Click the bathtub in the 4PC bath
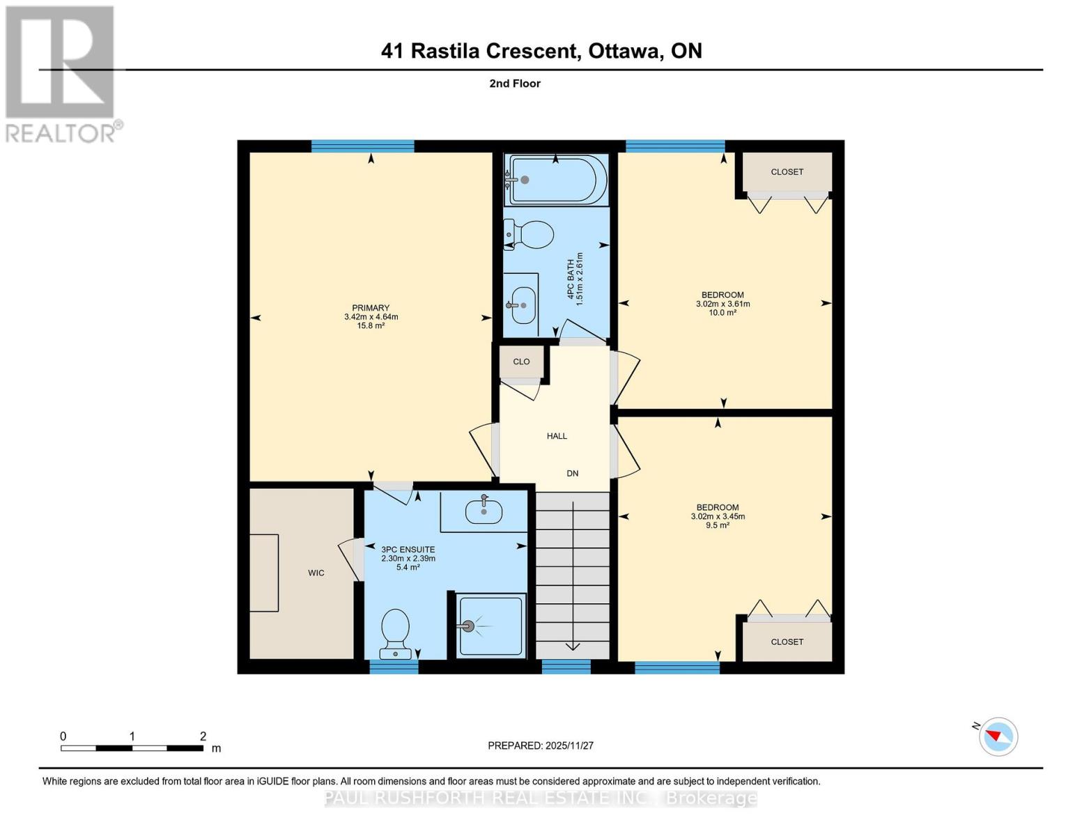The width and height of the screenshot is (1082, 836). pyautogui.click(x=556, y=180)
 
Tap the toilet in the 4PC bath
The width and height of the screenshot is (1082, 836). pyautogui.click(x=530, y=235)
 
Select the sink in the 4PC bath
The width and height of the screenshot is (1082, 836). pyautogui.click(x=523, y=305)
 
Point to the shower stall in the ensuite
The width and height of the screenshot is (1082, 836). pyautogui.click(x=490, y=626)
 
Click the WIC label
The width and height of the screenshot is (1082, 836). pyautogui.click(x=316, y=573)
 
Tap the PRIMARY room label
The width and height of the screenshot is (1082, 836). pyautogui.click(x=371, y=308)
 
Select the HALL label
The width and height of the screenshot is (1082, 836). pyautogui.click(x=557, y=436)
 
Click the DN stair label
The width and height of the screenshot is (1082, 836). pyautogui.click(x=572, y=474)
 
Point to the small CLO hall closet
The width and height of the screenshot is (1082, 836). pyautogui.click(x=521, y=362)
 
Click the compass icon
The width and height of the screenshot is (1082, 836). pyautogui.click(x=998, y=736)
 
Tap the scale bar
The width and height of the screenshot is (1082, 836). pyautogui.click(x=132, y=748)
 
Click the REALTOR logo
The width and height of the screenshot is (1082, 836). pyautogui.click(x=61, y=73)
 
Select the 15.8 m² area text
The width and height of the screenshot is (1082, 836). pyautogui.click(x=371, y=326)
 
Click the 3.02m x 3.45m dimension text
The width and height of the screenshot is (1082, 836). pyautogui.click(x=718, y=517)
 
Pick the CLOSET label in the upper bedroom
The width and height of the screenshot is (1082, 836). pyautogui.click(x=787, y=172)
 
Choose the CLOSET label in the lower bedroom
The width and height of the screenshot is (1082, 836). pyautogui.click(x=787, y=642)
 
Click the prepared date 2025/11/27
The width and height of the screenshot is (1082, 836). pyautogui.click(x=541, y=745)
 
